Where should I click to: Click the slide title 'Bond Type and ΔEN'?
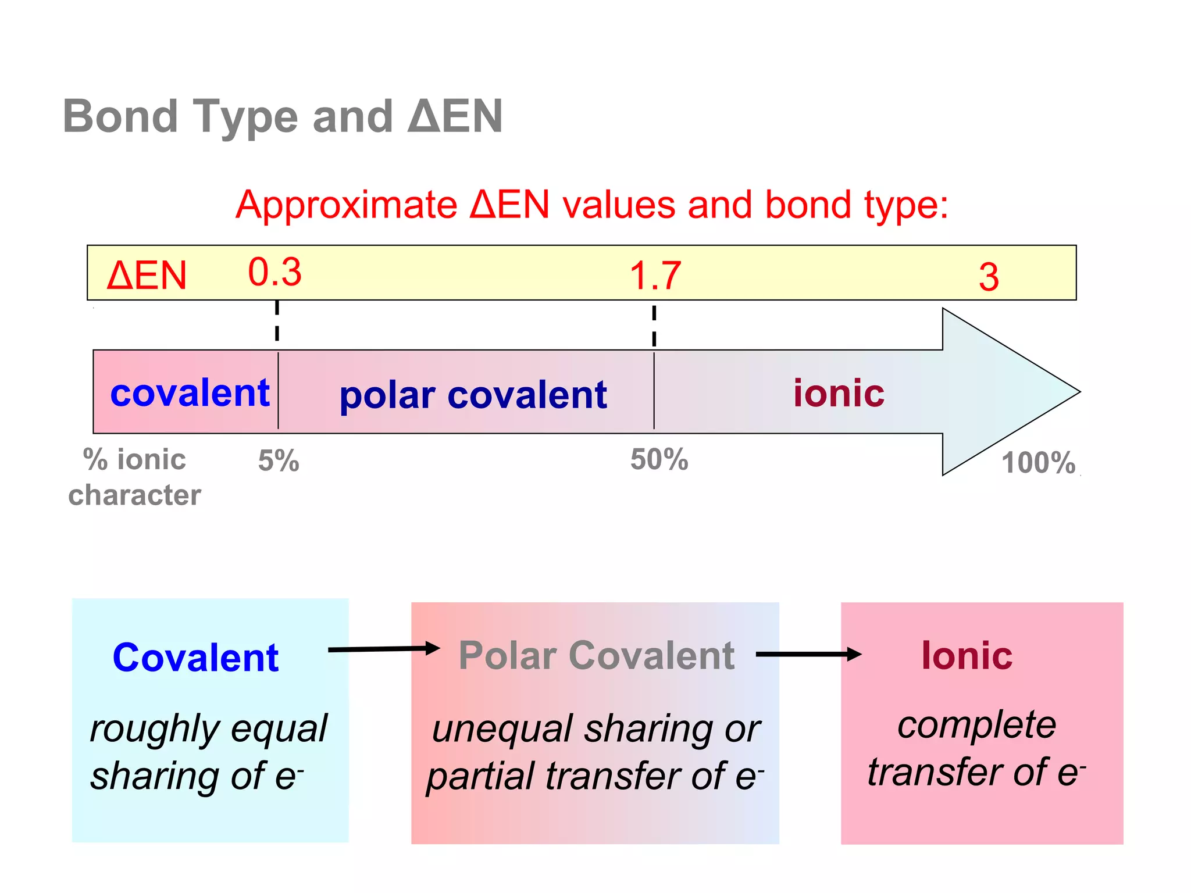pyautogui.click(x=283, y=116)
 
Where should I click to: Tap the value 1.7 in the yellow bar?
pyautogui.click(x=655, y=276)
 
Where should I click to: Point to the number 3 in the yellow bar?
pyautogui.click(x=989, y=277)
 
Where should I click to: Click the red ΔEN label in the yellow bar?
pyautogui.click(x=147, y=276)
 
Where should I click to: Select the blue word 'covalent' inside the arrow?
pyautogui.click(x=190, y=393)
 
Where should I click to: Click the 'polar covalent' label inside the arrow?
pyautogui.click(x=473, y=396)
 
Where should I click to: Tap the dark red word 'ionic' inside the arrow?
pyautogui.click(x=839, y=394)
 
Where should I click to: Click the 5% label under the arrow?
pyautogui.click(x=279, y=461)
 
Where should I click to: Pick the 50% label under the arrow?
pyautogui.click(x=659, y=459)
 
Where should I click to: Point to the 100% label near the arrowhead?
pyautogui.click(x=1038, y=463)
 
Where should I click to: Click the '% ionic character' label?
pyautogui.click(x=134, y=477)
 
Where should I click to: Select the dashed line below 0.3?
pyautogui.click(x=277, y=322)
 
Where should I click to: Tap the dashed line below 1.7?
pyautogui.click(x=654, y=326)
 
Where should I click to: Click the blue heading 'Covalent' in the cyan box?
pyautogui.click(x=195, y=658)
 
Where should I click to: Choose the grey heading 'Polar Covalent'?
pyautogui.click(x=596, y=656)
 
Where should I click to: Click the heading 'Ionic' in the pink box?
pyautogui.click(x=967, y=656)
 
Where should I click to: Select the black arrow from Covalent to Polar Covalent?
pyautogui.click(x=384, y=649)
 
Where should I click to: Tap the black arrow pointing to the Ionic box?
pyautogui.click(x=808, y=654)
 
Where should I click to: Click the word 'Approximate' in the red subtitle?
pyautogui.click(x=347, y=205)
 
